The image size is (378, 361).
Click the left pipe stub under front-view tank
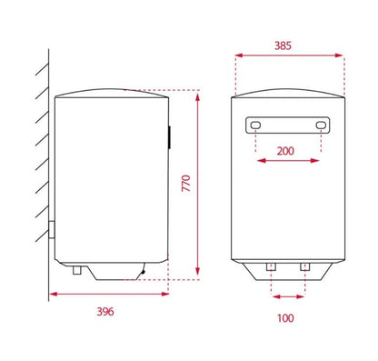(x=271, y=266)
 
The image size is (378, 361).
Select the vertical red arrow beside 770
(x=198, y=182)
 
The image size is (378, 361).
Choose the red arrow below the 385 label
(x=289, y=55)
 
